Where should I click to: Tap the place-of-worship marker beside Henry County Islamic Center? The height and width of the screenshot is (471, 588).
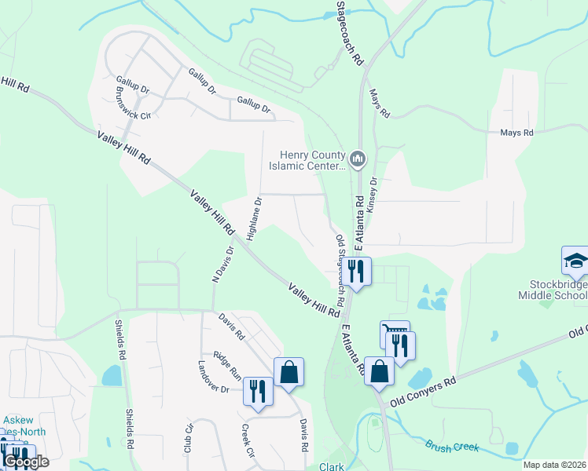coord(358,160)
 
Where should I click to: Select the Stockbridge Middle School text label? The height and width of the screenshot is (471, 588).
coord(552,289)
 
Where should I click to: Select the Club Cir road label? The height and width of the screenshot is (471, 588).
coord(188,440)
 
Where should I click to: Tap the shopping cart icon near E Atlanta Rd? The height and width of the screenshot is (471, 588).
coord(395,335)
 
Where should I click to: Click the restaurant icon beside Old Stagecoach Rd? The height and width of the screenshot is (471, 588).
coord(358,272)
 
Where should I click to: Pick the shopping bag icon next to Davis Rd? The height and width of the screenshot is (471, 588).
coord(288,372)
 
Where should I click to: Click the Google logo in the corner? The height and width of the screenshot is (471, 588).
coord(26,462)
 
